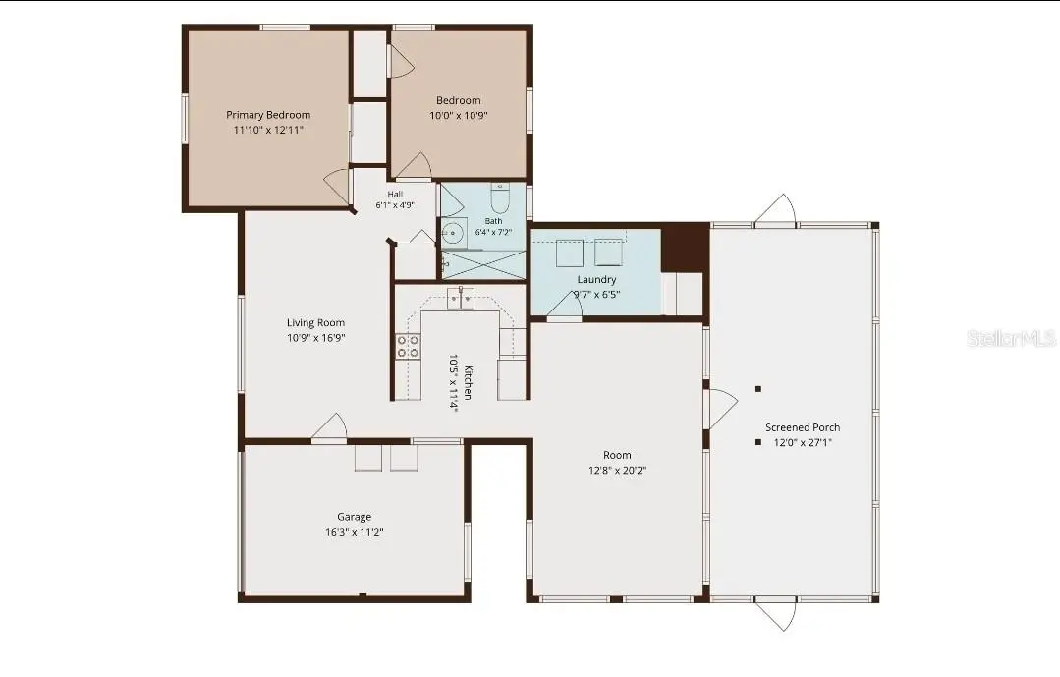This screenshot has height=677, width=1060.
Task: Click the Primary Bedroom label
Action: click(268, 115)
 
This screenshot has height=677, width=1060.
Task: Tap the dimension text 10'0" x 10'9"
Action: click(459, 115)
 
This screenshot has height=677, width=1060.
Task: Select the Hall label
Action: click(396, 195)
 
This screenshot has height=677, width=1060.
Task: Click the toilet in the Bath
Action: click(500, 197)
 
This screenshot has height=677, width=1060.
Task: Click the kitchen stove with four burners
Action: click(408, 347)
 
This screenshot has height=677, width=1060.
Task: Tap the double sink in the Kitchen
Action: click(461, 298)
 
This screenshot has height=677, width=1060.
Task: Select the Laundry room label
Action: click(597, 279)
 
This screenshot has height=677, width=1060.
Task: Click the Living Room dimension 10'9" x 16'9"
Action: click(315, 337)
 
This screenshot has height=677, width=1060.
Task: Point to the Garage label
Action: click(355, 517)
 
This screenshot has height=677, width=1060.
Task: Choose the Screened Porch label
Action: click(803, 427)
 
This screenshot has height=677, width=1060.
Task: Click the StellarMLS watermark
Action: click(1011, 338)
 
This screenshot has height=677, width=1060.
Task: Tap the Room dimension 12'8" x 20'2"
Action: click(617, 470)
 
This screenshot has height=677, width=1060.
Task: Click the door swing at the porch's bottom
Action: click(776, 615)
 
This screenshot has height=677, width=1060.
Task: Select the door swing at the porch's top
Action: click(776, 209)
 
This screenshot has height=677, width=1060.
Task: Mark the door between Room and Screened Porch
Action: click(722, 409)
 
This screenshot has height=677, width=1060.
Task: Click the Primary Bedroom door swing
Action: click(338, 188)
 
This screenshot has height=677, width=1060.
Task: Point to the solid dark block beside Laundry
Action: click(685, 248)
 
